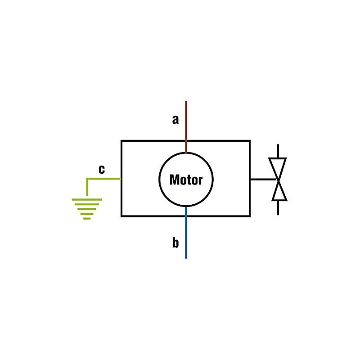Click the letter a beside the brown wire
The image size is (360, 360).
(x=175, y=120)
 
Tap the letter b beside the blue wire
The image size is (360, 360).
(x=175, y=243)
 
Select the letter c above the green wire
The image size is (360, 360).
(x=102, y=169)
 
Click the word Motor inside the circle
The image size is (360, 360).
(x=186, y=180)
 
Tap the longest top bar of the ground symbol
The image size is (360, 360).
(x=87, y=199)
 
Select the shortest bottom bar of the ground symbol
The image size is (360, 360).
(x=87, y=218)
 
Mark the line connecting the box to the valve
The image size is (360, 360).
(x=263, y=179)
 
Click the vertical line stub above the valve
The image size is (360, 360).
(x=278, y=151)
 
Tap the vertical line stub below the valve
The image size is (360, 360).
(x=278, y=207)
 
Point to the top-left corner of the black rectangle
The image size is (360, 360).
(x=121, y=141)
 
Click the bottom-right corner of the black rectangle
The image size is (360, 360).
(x=250, y=216)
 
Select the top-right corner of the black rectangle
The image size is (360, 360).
(x=250, y=141)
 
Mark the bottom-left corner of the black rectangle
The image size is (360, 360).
(x=121, y=216)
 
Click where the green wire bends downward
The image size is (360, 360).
(x=87, y=179)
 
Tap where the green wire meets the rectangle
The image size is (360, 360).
(x=121, y=179)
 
